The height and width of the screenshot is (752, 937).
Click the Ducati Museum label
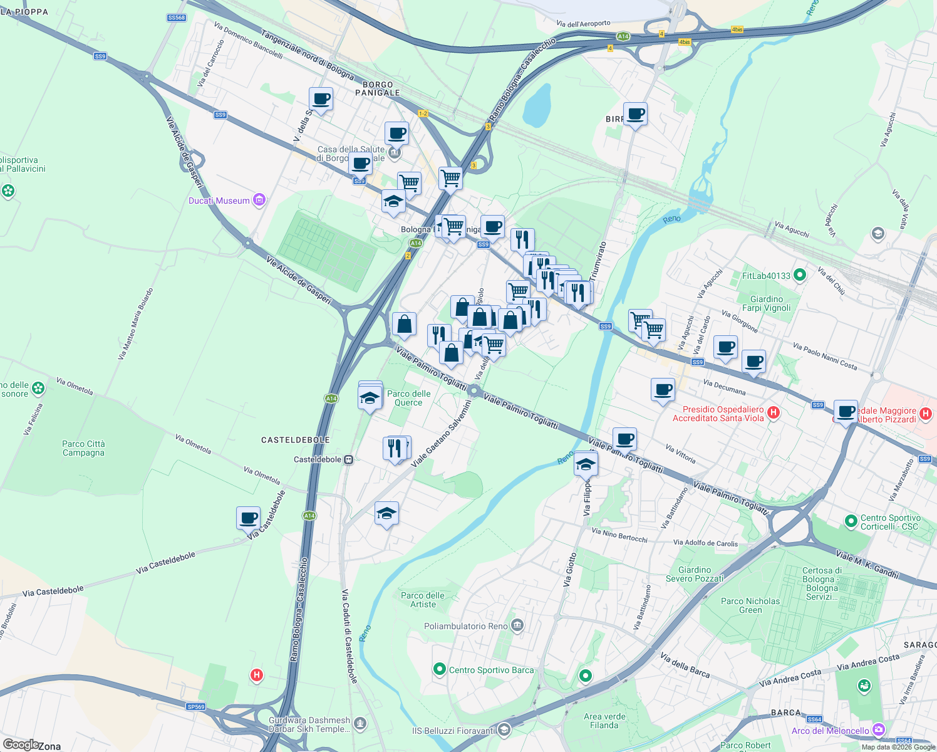[219, 201]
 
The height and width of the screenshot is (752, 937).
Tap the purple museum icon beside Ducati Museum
[259, 201]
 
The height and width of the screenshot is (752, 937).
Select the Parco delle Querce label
[408, 398]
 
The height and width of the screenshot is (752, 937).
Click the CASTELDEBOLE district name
[295, 440]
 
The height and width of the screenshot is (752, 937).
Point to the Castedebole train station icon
[349, 460]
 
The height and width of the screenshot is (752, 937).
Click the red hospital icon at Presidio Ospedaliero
[774, 412]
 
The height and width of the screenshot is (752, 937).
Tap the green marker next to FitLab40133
[799, 275]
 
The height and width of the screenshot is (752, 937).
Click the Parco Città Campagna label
[83, 448]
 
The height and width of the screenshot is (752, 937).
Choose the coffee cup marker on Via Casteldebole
[249, 518]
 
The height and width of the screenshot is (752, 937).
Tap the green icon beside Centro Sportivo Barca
[440, 670]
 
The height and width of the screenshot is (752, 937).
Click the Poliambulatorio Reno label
[466, 626]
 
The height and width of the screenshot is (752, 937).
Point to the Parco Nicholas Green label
[750, 605]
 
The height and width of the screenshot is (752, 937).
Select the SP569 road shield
[195, 707]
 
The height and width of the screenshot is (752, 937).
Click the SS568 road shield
[177, 18]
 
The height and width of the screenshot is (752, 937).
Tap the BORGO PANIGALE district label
[378, 88]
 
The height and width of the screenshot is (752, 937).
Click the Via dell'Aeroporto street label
[583, 24]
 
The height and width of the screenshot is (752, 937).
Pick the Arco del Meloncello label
[830, 731]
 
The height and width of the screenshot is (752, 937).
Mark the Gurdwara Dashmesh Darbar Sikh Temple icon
[360, 724]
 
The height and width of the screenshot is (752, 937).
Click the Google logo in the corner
[20, 744]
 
